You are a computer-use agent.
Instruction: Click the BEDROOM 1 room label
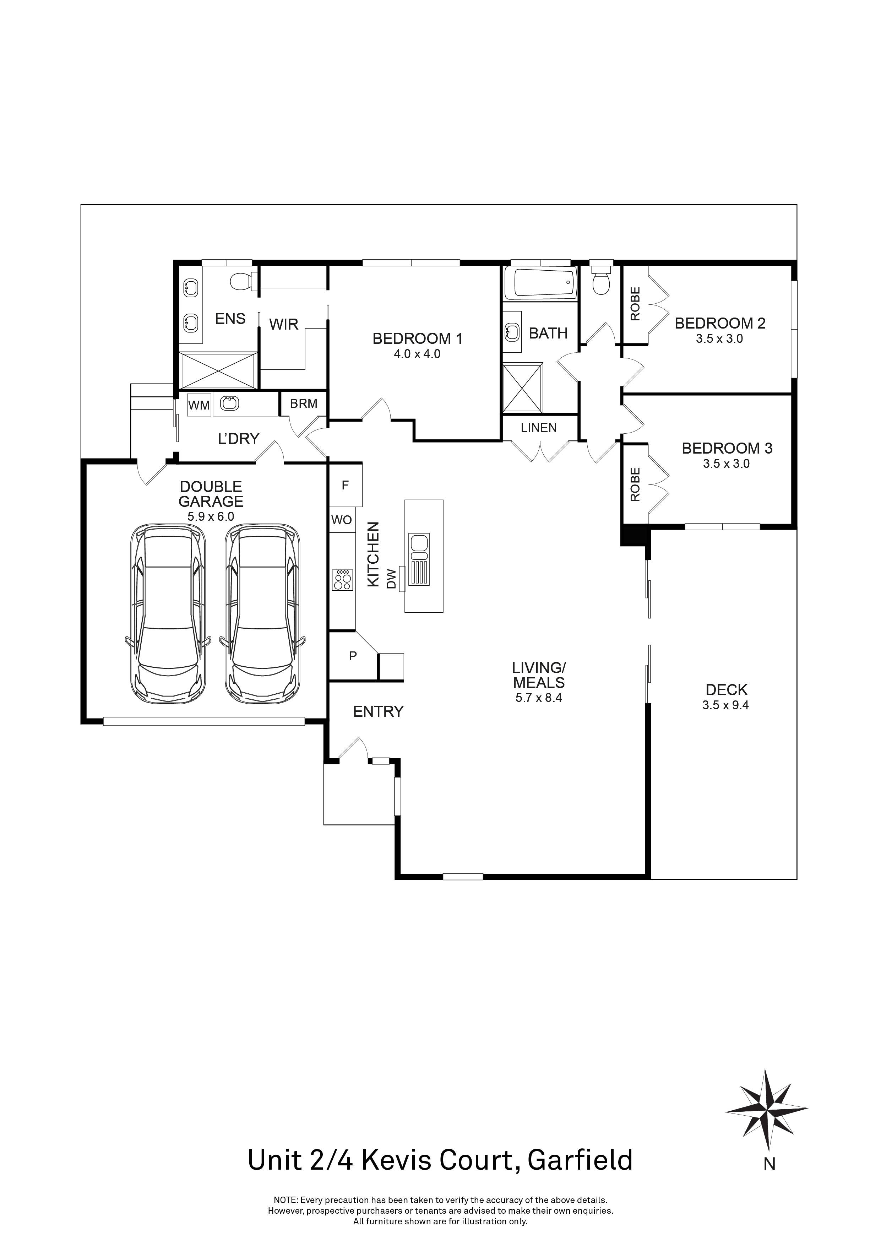[417, 338]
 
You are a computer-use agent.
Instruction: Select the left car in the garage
[168, 614]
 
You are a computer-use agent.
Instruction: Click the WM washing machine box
[199, 405]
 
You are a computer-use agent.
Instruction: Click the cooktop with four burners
[342, 580]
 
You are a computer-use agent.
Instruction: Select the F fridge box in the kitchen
[345, 485]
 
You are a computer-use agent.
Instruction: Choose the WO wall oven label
[341, 520]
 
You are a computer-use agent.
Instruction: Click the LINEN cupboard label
[539, 428]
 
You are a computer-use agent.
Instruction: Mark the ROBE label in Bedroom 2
[635, 304]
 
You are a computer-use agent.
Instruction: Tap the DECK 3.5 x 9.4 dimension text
[725, 705]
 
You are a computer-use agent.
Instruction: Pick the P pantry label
[353, 656]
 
